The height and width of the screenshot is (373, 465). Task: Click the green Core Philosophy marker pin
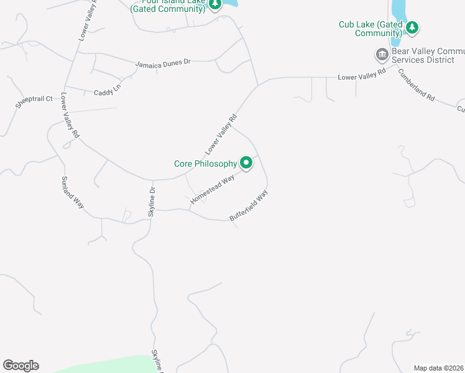(246, 163)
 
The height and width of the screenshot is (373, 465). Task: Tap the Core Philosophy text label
(205, 163)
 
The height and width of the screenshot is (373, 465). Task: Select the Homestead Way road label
(213, 188)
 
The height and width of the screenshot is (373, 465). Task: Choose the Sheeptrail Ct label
(35, 103)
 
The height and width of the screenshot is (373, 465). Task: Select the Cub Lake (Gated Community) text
(370, 29)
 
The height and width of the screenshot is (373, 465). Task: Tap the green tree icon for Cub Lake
(412, 28)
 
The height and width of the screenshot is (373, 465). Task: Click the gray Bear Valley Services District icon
(382, 55)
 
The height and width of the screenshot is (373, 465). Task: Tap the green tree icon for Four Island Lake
(214, 5)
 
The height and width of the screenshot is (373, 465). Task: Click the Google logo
(21, 366)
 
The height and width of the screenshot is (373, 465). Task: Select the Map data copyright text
(439, 368)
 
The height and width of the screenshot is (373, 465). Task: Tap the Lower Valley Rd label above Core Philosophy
(221, 134)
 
